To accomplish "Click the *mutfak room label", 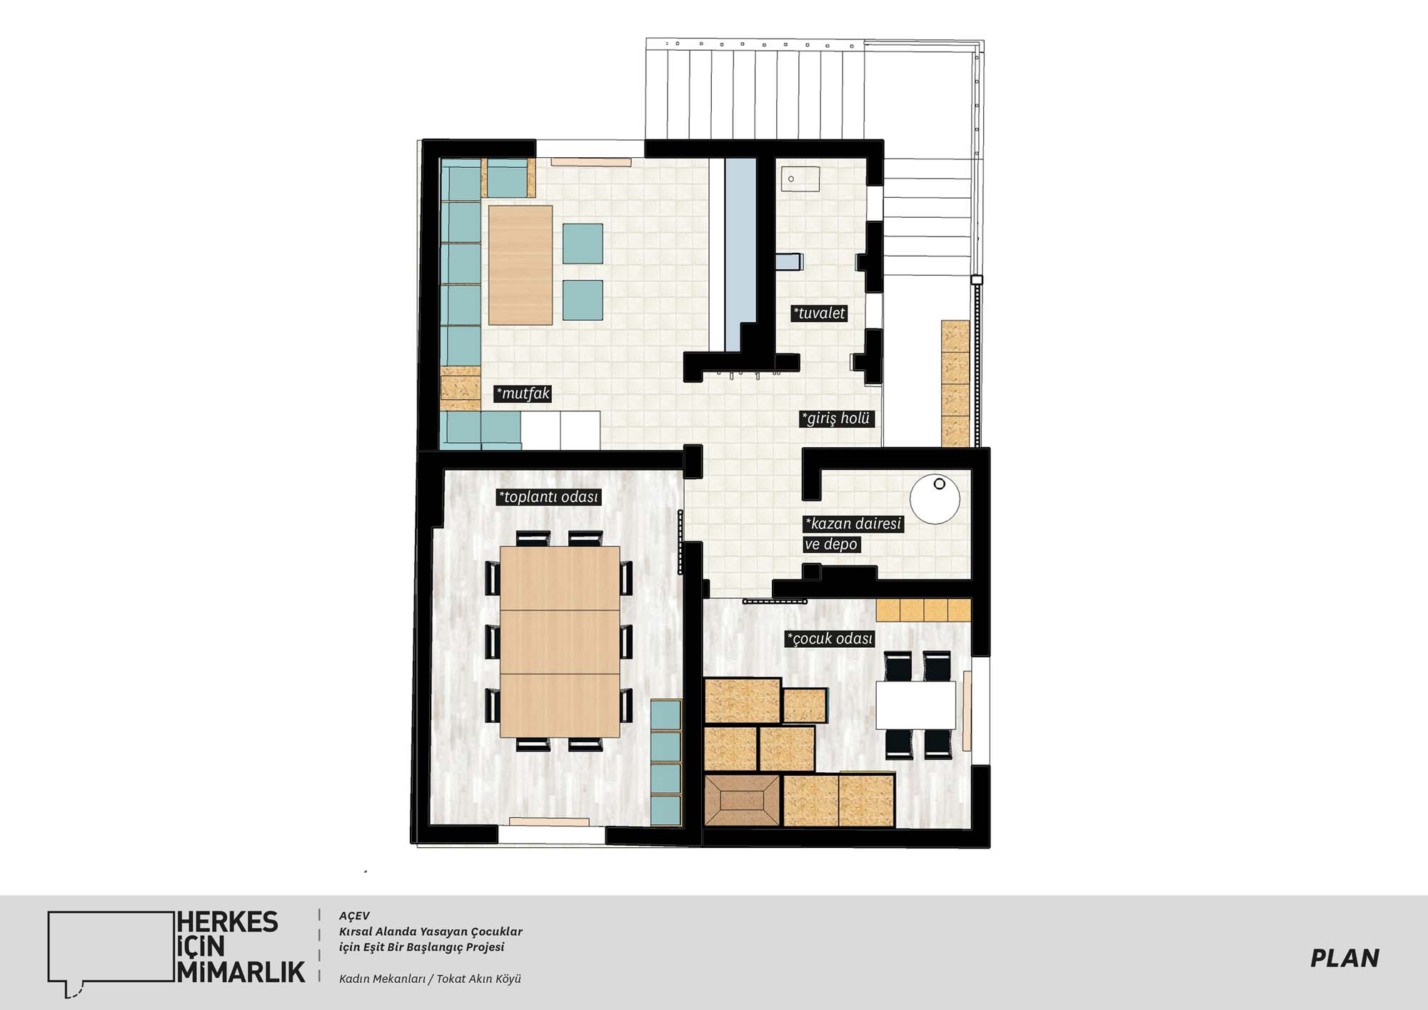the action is [x=523, y=394].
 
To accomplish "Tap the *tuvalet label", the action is [x=819, y=313].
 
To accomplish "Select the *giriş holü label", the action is [x=836, y=419].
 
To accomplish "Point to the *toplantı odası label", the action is [x=548, y=497].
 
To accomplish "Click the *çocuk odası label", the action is [x=830, y=639].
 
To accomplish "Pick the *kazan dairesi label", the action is [x=853, y=524].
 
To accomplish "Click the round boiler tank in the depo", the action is [x=935, y=499].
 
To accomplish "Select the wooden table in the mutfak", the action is [x=521, y=265].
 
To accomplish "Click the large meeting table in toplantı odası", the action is [x=560, y=641].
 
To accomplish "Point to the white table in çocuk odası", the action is [x=915, y=705].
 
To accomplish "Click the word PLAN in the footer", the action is [x=1344, y=959].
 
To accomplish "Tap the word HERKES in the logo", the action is [x=228, y=922].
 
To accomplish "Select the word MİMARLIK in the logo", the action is [x=241, y=972].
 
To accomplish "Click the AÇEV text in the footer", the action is [x=354, y=916].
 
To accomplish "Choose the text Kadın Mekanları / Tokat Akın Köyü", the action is [x=430, y=979].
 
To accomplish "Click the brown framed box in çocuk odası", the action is [x=742, y=801].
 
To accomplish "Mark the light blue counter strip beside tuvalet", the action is [x=740, y=254].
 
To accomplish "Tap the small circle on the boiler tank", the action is [x=940, y=484].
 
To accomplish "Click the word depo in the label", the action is [x=840, y=544].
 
